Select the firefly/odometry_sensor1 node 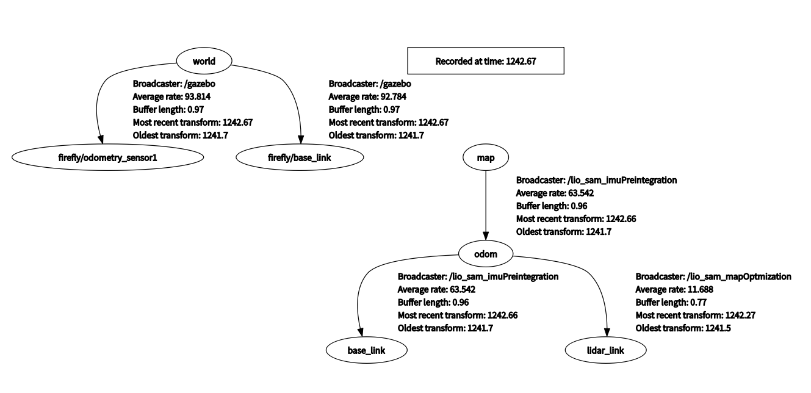(x=107, y=157)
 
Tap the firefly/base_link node (x=300, y=157)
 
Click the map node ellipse (x=486, y=157)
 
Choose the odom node (x=486, y=254)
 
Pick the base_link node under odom (x=365, y=350)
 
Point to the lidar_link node (x=604, y=350)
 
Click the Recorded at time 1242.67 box (x=486, y=61)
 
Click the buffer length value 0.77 (x=699, y=302)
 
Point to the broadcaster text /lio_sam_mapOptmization (x=739, y=276)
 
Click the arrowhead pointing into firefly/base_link (x=300, y=140)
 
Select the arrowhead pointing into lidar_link (x=607, y=333)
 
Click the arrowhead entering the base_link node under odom (x=360, y=333)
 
